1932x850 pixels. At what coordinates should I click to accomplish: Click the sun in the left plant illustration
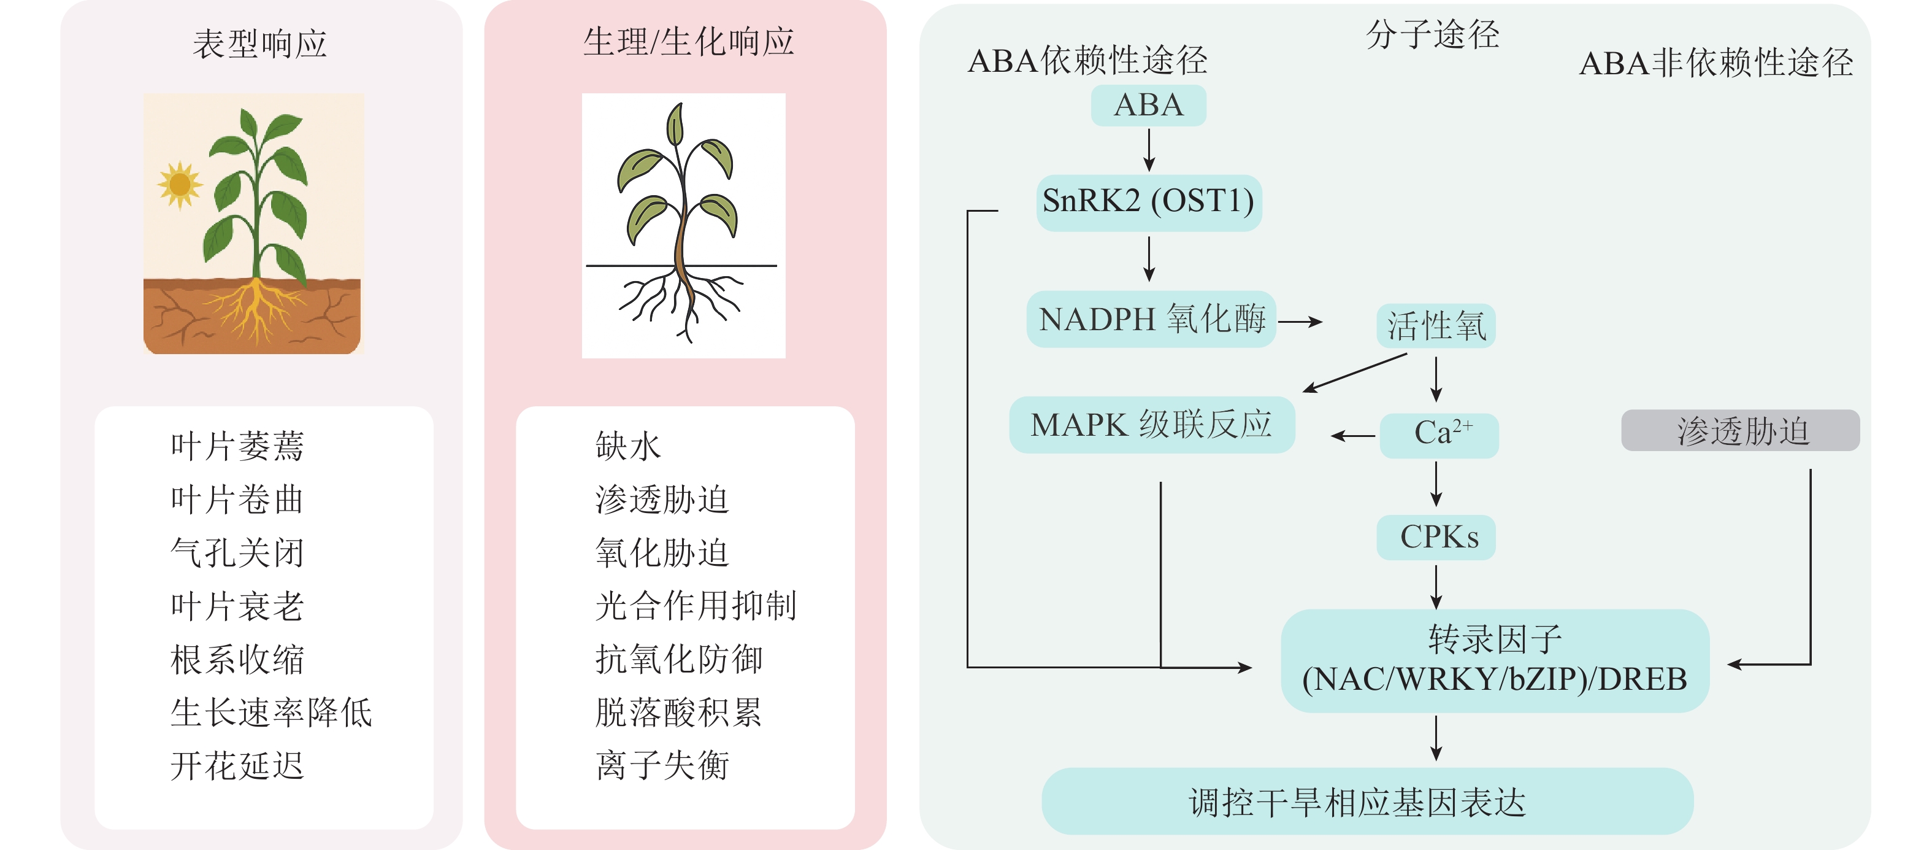179,184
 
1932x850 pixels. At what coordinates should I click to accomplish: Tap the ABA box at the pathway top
1148,105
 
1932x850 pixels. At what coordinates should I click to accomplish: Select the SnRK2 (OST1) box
1148,202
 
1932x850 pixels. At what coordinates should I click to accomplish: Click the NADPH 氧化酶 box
1151,320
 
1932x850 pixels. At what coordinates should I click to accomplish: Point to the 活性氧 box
1435,326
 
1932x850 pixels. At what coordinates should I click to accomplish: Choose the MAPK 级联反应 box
1151,425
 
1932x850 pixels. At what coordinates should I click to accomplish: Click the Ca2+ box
1438,435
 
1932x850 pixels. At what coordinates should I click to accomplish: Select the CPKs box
1435,537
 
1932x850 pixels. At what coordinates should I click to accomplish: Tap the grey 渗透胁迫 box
1740,431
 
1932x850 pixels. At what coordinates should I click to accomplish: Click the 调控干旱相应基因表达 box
1367,802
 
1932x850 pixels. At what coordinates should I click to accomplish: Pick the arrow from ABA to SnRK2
1149,150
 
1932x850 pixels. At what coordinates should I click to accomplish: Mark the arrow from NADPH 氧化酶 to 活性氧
1300,322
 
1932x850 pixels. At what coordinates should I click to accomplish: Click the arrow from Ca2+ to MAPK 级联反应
1353,435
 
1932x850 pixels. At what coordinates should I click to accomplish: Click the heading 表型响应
259,44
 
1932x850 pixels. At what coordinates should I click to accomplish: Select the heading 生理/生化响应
688,42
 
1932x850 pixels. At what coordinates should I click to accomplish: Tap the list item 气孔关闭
237,553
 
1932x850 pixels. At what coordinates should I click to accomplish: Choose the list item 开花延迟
237,765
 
